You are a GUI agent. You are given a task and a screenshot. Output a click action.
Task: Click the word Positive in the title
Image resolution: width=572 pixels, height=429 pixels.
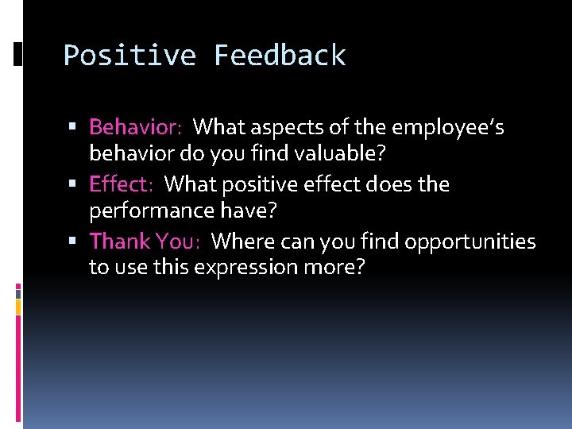(130, 56)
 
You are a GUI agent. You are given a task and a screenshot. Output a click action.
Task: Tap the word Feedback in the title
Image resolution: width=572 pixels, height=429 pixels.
(280, 56)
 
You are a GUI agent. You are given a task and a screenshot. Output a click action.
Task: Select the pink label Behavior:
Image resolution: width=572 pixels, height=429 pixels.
(136, 127)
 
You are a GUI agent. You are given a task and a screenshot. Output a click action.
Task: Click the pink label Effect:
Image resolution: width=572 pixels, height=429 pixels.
(122, 184)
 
